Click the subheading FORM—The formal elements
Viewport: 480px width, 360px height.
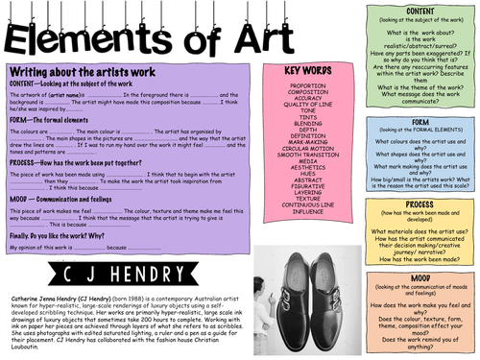coord(52,119)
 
